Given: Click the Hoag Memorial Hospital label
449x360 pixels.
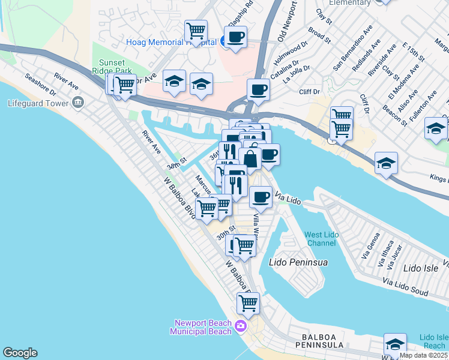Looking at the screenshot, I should pyautogui.click(x=170, y=42).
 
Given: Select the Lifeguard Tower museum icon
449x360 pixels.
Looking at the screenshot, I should pyautogui.click(x=77, y=103).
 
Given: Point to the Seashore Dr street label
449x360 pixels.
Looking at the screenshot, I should pyautogui.click(x=40, y=85).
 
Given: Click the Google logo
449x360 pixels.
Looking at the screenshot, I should pyautogui.click(x=20, y=353).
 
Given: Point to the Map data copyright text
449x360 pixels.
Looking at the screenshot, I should pyautogui.click(x=424, y=355).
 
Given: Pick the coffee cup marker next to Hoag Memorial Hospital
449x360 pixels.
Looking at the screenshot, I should pyautogui.click(x=235, y=37).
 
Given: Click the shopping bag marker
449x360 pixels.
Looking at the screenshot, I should pyautogui.click(x=250, y=158).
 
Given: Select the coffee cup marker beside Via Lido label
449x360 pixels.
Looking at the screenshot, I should pyautogui.click(x=260, y=196).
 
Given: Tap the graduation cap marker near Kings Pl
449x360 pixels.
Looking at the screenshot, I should pyautogui.click(x=385, y=162).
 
